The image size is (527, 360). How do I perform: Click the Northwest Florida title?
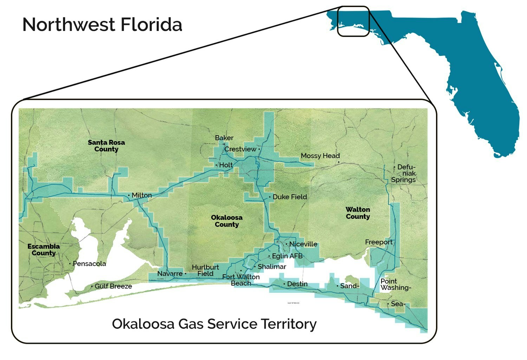102,25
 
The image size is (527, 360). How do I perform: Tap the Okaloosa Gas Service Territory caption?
214,323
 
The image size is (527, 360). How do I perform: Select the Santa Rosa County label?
106,146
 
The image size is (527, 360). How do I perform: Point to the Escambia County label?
44,250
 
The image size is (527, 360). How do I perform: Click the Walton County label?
358,213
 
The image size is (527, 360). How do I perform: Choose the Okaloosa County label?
227,221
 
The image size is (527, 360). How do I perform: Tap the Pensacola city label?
89,264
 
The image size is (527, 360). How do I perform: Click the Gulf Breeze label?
113,286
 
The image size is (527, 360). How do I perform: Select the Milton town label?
142,195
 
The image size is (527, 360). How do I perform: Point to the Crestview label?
240,149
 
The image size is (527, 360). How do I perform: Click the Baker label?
224,138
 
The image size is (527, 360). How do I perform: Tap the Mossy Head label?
320,156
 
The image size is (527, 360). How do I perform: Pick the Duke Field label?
289,197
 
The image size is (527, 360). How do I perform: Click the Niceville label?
303,244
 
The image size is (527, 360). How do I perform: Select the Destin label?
297,284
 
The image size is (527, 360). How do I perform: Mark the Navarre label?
170,274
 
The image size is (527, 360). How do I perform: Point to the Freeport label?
378,242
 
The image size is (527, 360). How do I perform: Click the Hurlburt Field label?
205,270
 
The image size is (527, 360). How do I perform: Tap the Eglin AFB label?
287,256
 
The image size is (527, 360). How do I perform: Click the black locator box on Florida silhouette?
353,21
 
